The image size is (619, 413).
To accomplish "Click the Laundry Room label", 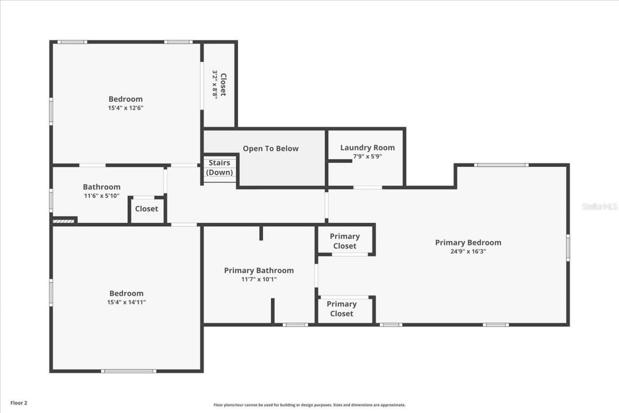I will (x=367, y=147).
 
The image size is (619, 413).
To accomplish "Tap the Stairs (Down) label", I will (x=220, y=168).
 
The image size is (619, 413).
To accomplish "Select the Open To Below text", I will (x=270, y=148).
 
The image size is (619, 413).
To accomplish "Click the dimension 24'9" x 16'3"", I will (x=468, y=251).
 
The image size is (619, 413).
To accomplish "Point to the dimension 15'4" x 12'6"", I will (x=125, y=108).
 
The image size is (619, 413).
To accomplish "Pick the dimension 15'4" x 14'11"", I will (x=127, y=302).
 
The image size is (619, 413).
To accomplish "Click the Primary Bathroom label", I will (x=259, y=270).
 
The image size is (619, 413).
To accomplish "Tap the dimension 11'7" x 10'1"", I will (x=259, y=279).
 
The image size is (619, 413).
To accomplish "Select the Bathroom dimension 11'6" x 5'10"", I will (x=101, y=196).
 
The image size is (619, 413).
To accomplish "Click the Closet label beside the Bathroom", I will (x=146, y=209).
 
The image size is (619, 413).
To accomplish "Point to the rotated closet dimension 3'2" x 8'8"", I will (x=215, y=85).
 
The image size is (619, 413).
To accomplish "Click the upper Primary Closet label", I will (x=344, y=241).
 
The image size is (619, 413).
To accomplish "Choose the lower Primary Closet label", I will (x=341, y=309).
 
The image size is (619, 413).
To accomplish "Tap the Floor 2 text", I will (x=19, y=402).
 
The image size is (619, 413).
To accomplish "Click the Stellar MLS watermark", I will (x=599, y=206).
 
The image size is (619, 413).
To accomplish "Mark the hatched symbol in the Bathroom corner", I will (x=63, y=221).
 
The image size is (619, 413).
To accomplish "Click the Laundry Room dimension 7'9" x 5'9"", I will (x=367, y=156).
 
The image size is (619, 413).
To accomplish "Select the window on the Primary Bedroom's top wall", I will (x=501, y=165).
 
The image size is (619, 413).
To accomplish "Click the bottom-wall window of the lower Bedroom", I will (x=128, y=371).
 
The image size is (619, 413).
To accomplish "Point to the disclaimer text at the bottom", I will (x=309, y=405).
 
